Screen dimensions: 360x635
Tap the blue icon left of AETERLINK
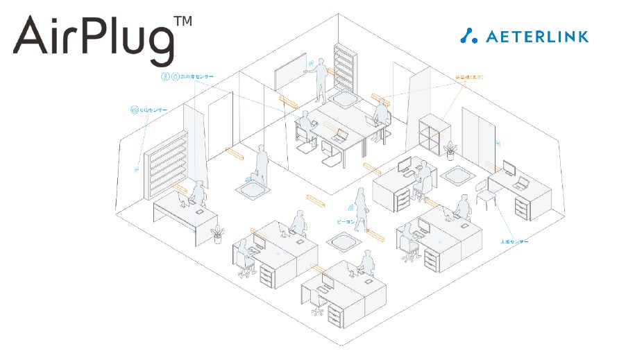point(469,35)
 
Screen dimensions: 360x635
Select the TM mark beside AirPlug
point(183,22)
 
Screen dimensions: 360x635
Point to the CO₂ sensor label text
point(153,110)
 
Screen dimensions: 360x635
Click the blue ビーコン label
point(345,222)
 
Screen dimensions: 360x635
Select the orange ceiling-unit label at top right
point(471,78)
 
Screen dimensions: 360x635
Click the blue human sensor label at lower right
point(514,241)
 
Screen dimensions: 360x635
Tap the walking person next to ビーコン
point(360,205)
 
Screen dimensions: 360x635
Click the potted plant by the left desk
point(217,234)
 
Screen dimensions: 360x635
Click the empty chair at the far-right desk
point(483,194)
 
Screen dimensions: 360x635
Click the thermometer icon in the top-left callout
point(165,76)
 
